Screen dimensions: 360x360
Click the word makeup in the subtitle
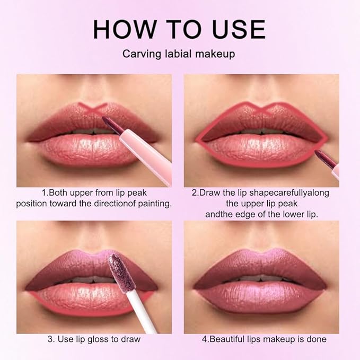click(x=217, y=54)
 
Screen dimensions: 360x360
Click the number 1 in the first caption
click(x=44, y=192)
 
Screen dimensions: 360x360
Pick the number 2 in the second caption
click(x=195, y=192)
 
